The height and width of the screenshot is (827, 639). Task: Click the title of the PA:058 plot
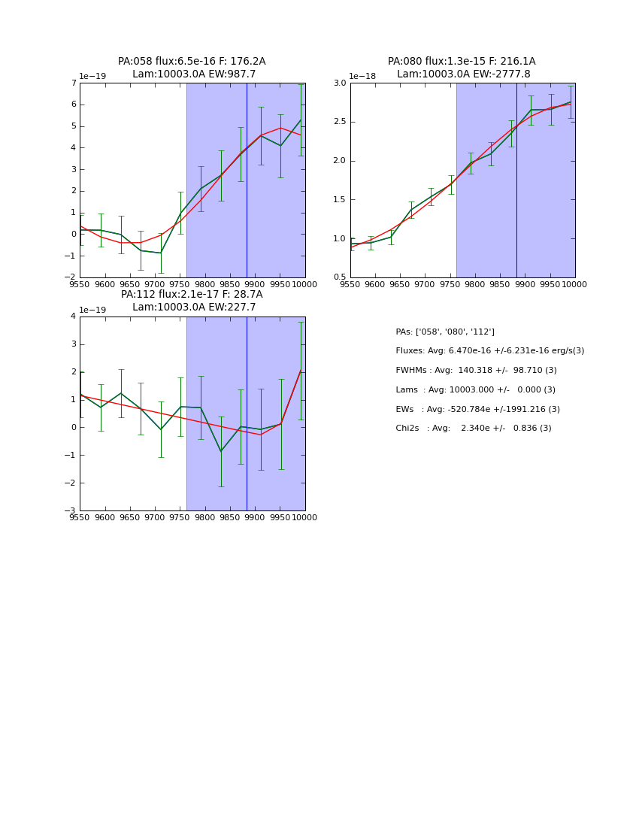(x=192, y=68)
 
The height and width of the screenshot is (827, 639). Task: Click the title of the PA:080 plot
(x=462, y=68)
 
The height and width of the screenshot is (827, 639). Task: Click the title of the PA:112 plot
(x=192, y=301)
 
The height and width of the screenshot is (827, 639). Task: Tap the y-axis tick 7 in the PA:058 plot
(x=73, y=83)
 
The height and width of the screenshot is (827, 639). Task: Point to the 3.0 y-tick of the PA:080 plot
(x=339, y=83)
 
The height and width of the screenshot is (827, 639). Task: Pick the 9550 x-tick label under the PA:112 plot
(x=80, y=517)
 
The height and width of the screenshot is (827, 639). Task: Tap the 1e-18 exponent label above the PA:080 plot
(x=362, y=76)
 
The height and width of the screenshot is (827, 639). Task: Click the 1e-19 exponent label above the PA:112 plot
(x=92, y=310)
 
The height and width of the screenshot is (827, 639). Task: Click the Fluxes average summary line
(x=489, y=351)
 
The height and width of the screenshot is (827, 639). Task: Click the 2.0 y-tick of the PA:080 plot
(x=339, y=161)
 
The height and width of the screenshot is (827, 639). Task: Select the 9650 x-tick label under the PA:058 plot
(x=130, y=284)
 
